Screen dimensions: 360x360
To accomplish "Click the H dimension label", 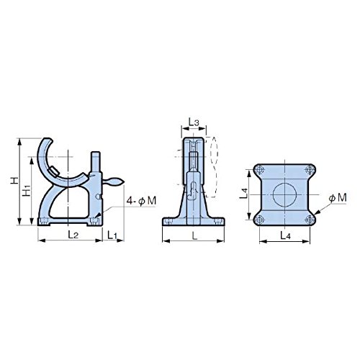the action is coord(14,181).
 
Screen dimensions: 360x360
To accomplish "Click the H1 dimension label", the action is coord(27,190).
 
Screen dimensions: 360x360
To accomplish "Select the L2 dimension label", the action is coord(73,235).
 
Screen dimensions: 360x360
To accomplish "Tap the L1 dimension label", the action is coord(112,235).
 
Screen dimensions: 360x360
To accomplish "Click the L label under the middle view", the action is coord(194,236).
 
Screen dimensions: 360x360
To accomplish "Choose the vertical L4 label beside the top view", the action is coord(243,194).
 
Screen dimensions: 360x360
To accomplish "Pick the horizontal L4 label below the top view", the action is coord(285,235).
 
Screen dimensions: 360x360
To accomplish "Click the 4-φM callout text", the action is coord(141,201).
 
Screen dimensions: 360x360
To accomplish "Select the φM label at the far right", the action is coord(338,197).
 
